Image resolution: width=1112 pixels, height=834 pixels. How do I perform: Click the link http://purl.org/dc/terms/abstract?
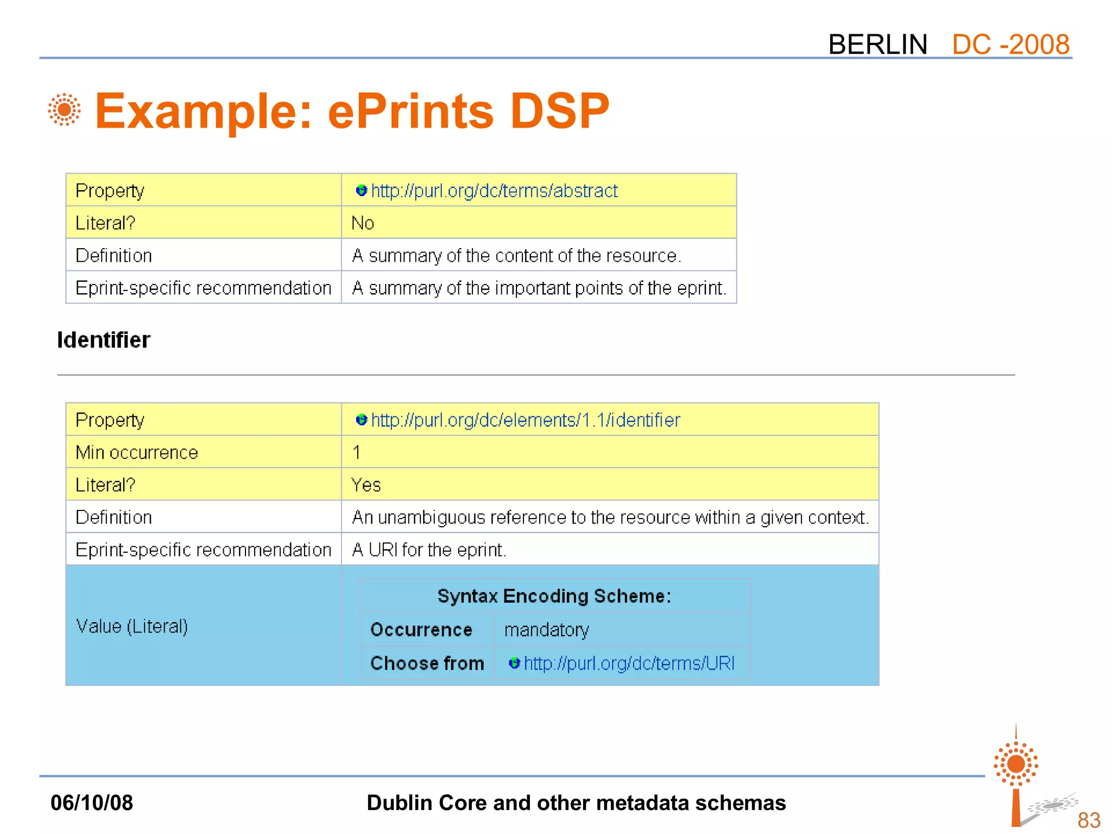494,191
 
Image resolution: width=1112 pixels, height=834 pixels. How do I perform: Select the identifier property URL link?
525,420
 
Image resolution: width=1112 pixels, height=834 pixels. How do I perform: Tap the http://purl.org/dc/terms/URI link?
629,663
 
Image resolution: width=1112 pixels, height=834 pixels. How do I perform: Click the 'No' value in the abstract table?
363,223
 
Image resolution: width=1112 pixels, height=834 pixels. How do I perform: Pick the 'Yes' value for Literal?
366,485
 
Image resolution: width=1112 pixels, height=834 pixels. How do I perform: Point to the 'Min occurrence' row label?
137,452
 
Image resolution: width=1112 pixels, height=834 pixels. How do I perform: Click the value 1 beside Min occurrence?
356,452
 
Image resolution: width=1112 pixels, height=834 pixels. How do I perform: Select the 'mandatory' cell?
546,630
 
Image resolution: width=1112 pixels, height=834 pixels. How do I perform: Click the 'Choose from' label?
427,663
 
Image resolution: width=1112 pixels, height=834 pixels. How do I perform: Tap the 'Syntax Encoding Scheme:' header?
554,596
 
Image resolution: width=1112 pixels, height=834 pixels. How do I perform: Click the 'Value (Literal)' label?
132,626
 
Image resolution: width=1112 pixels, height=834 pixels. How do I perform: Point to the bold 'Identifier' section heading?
104,340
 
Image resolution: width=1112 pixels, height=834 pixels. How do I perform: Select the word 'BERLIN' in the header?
877,44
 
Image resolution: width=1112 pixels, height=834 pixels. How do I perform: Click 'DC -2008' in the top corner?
1010,44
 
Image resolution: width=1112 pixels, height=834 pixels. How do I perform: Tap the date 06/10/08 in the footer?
92,803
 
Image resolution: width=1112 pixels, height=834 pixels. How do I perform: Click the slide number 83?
1089,820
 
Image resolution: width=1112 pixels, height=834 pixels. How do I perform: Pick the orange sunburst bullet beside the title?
64,110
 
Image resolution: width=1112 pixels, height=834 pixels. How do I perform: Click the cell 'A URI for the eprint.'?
429,550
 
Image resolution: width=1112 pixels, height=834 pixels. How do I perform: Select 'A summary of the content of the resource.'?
516,256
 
